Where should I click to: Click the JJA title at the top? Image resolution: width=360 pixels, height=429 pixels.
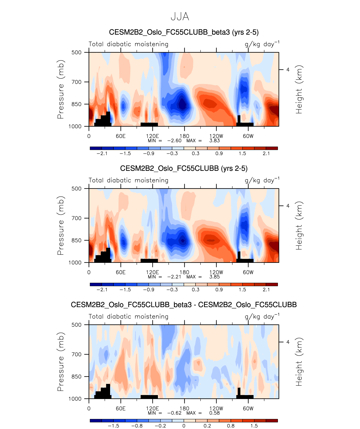pos(180,17)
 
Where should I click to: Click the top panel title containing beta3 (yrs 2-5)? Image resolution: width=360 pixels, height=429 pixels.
pos(184,32)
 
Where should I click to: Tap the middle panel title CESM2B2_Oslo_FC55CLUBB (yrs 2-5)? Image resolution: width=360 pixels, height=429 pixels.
pos(184,168)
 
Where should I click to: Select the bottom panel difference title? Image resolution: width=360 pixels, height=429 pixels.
pos(184,305)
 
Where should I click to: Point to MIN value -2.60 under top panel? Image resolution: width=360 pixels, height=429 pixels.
pos(174,141)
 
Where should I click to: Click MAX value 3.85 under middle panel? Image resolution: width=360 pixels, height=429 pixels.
pos(215,277)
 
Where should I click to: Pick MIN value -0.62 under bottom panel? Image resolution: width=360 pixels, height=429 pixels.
pos(174,413)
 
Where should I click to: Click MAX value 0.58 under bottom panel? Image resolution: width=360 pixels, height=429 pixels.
pos(215,413)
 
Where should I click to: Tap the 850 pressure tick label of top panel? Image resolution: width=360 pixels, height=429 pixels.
pos(76,104)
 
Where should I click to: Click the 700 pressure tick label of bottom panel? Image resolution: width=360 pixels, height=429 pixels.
pos(76,354)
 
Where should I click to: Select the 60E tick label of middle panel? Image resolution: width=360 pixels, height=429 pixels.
pos(121,272)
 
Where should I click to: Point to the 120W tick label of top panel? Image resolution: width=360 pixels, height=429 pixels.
pos(216,136)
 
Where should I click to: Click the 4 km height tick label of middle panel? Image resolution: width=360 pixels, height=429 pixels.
pos(288,206)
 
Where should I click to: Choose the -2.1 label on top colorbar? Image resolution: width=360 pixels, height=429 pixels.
pos(102,154)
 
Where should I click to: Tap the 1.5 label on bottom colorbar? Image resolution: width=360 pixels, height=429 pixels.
pos(254,426)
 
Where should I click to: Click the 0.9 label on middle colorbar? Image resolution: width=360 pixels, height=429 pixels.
pos(219,290)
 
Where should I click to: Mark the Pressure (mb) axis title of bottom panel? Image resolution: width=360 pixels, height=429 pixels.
pos(61,362)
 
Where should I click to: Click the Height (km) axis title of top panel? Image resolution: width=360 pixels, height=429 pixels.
pos(299,89)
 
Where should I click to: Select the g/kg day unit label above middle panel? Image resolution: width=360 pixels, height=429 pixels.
pos(262,180)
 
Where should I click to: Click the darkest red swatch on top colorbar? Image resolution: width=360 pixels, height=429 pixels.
pos(272,148)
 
